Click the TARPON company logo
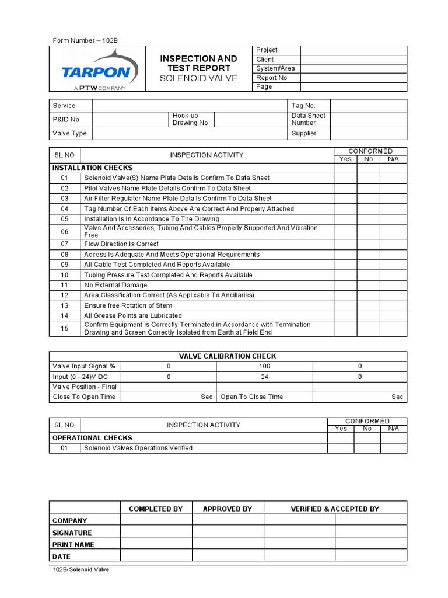(x=100, y=70)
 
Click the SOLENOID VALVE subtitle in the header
(x=199, y=78)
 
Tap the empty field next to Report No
(x=353, y=78)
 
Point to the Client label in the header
(x=265, y=60)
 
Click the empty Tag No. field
(x=369, y=106)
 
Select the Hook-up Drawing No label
(x=190, y=119)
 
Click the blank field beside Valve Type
(x=190, y=133)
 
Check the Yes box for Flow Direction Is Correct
(x=345, y=244)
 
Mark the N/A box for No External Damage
(x=393, y=285)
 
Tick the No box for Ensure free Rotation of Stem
(x=368, y=305)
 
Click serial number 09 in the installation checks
(x=65, y=265)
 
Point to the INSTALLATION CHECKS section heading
(x=93, y=168)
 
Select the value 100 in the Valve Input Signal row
(x=265, y=366)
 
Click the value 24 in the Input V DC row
(x=265, y=377)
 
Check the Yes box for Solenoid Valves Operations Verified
(x=341, y=448)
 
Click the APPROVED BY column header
(x=228, y=509)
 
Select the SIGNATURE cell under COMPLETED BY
(x=156, y=533)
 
